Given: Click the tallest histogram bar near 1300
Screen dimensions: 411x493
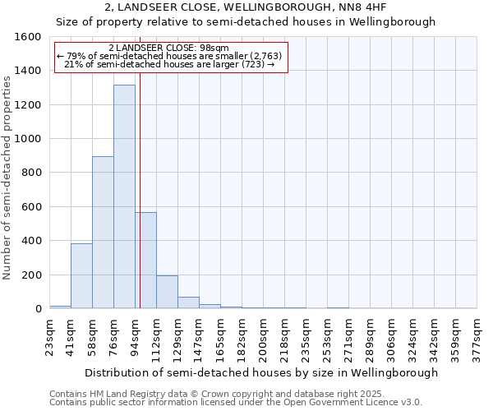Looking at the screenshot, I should (124, 197).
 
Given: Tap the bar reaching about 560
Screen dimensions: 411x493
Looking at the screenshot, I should (146, 261).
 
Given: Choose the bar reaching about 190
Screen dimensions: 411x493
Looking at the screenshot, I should (167, 292).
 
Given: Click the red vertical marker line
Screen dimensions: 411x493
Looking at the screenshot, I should (141, 189).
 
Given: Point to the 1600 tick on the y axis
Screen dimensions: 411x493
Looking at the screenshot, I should (28, 37).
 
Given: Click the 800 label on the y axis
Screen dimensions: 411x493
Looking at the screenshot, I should (31, 173).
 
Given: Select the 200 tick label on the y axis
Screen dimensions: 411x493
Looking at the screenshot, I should (31, 275).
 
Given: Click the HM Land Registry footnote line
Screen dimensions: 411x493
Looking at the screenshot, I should (216, 395).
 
